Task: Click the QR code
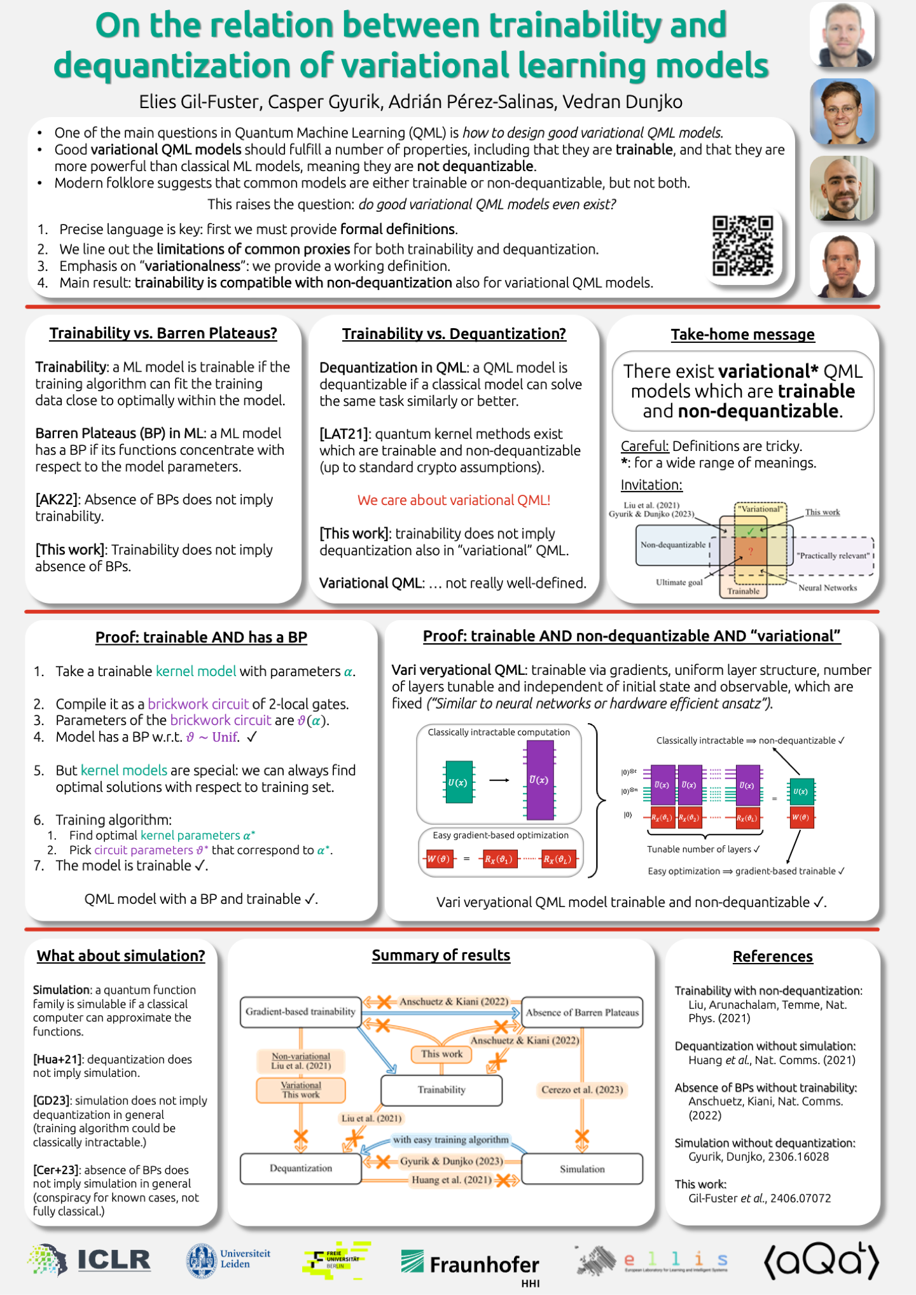click(x=742, y=246)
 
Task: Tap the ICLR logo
click(x=90, y=1261)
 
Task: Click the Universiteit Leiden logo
click(x=228, y=1260)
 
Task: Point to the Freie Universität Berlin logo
click(x=337, y=1259)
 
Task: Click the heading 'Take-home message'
click(x=742, y=335)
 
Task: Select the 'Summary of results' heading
click(x=441, y=955)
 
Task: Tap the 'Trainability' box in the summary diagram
click(x=441, y=1090)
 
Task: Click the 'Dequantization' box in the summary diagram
click(x=301, y=1168)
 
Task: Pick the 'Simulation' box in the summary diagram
click(x=582, y=1169)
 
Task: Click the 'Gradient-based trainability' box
click(x=300, y=1012)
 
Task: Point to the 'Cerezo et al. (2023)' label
click(x=582, y=1090)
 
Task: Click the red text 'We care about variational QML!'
click(x=454, y=501)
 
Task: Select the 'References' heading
click(x=772, y=957)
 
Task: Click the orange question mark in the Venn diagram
click(x=751, y=551)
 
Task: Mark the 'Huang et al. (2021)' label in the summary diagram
click(x=451, y=1181)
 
